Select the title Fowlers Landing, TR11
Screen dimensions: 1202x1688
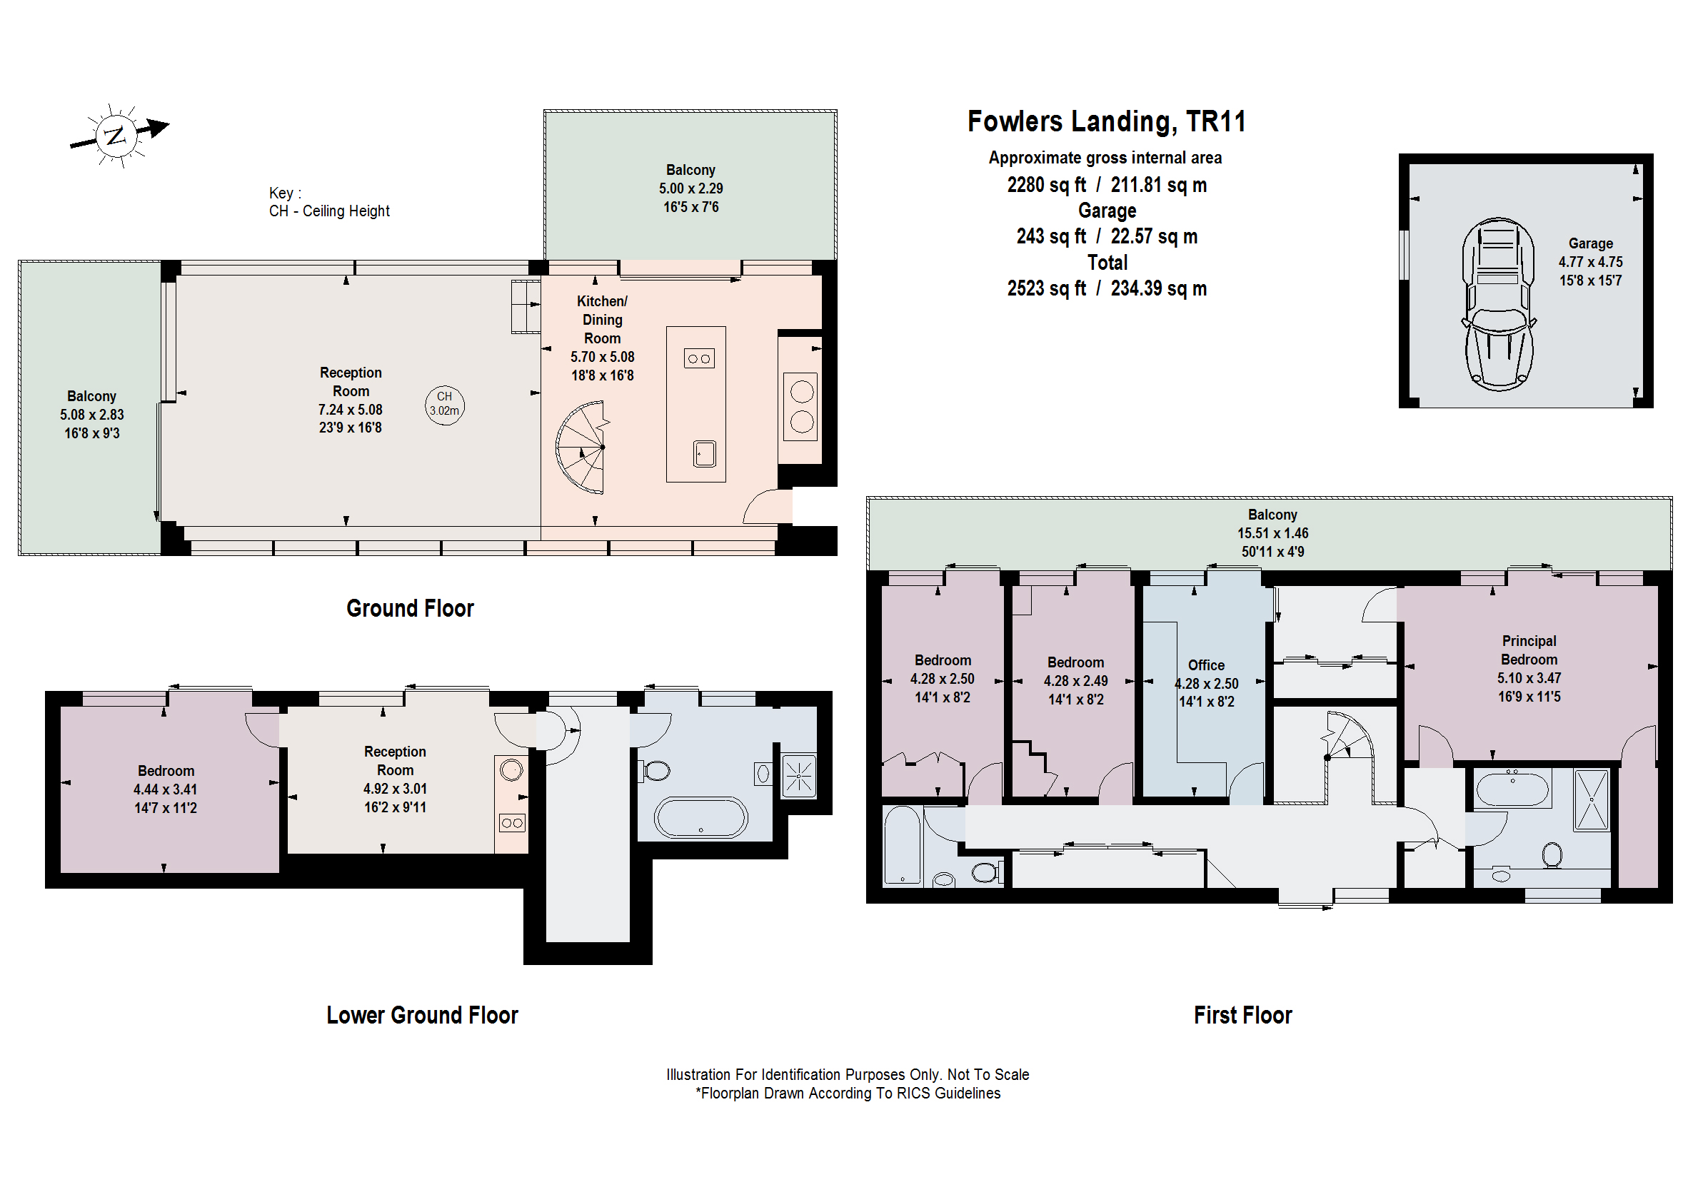pos(1106,121)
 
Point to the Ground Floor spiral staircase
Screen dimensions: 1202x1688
pos(583,448)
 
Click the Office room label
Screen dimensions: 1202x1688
pos(1205,665)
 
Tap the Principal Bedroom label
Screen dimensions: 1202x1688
pos(1528,650)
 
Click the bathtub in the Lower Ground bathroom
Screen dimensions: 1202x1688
pos(700,818)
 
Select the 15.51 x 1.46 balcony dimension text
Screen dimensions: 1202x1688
pos(1272,533)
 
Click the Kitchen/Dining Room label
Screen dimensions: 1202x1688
pos(602,320)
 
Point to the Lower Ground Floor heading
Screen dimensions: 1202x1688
pos(422,1015)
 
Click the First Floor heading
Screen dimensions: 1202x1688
pos(1242,1015)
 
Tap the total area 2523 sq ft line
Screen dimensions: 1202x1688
pos(1106,288)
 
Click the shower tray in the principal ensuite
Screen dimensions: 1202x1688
pos(1591,800)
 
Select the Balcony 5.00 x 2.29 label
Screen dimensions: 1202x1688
pos(690,188)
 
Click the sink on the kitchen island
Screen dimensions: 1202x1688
pos(704,454)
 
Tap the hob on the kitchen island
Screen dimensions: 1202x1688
pos(699,359)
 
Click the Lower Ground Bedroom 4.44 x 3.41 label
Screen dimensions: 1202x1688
pos(165,789)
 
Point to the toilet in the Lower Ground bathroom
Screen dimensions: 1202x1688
pos(656,770)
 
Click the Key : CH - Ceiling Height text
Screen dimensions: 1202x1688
pos(328,202)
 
